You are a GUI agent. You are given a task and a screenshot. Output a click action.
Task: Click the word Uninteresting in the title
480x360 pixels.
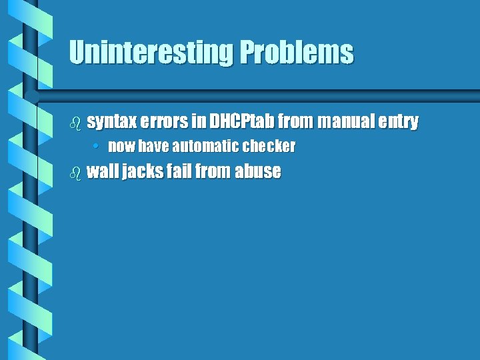151,53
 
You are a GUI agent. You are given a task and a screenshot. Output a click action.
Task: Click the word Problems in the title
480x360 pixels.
297,53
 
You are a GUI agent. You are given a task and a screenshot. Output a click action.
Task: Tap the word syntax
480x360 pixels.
111,122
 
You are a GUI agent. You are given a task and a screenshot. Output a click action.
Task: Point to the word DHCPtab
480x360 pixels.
241,122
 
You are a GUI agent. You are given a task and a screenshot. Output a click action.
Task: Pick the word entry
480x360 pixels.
399,122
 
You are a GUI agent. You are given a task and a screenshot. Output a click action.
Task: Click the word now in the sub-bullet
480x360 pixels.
121,145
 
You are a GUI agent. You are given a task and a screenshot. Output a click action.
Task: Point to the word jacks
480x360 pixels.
141,171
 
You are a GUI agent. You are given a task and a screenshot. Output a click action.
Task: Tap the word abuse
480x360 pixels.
258,171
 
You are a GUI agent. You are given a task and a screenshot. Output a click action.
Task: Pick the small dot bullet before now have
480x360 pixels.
97,146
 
